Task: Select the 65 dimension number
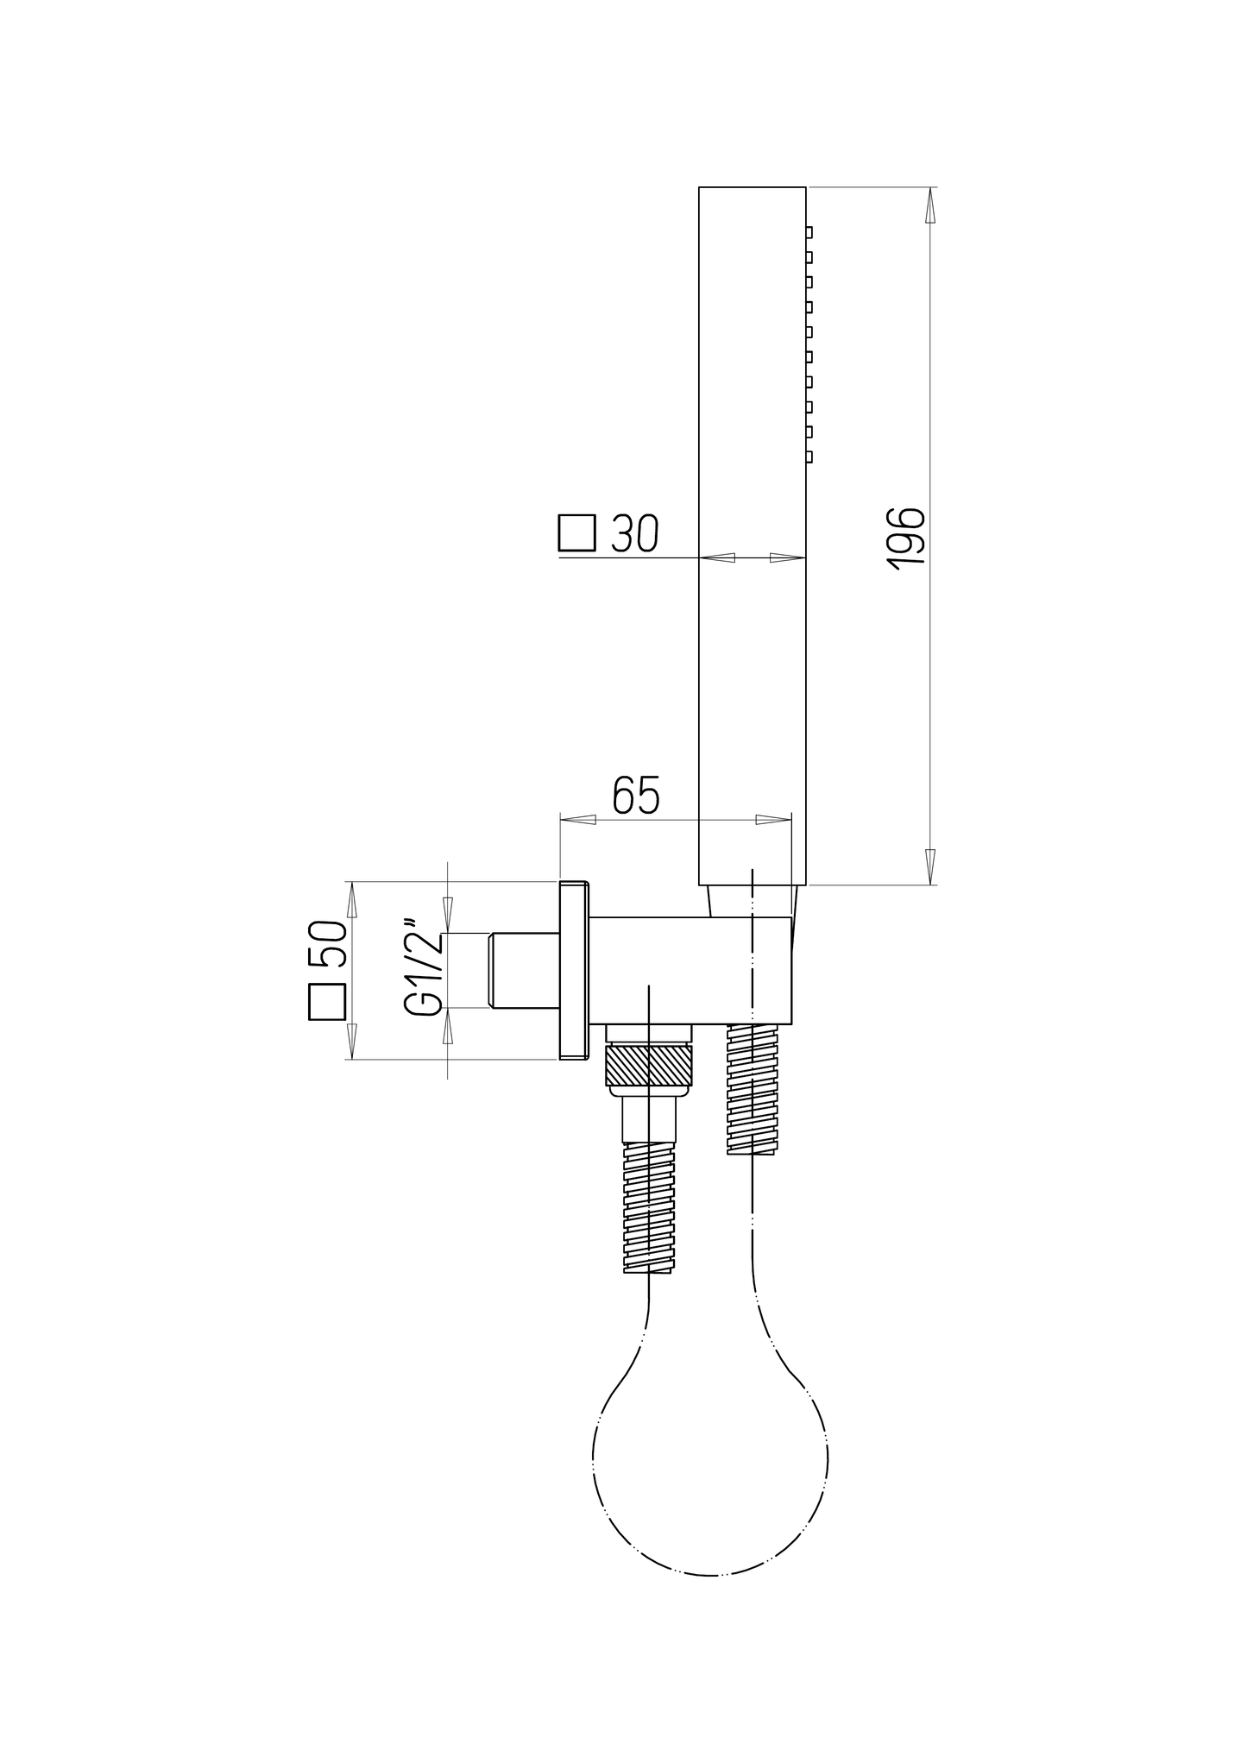point(636,796)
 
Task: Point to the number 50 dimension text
point(327,942)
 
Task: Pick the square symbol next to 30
point(576,532)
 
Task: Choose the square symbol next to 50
point(327,1001)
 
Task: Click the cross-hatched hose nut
point(649,1065)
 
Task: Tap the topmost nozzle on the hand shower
point(809,232)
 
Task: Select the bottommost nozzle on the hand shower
point(809,456)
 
